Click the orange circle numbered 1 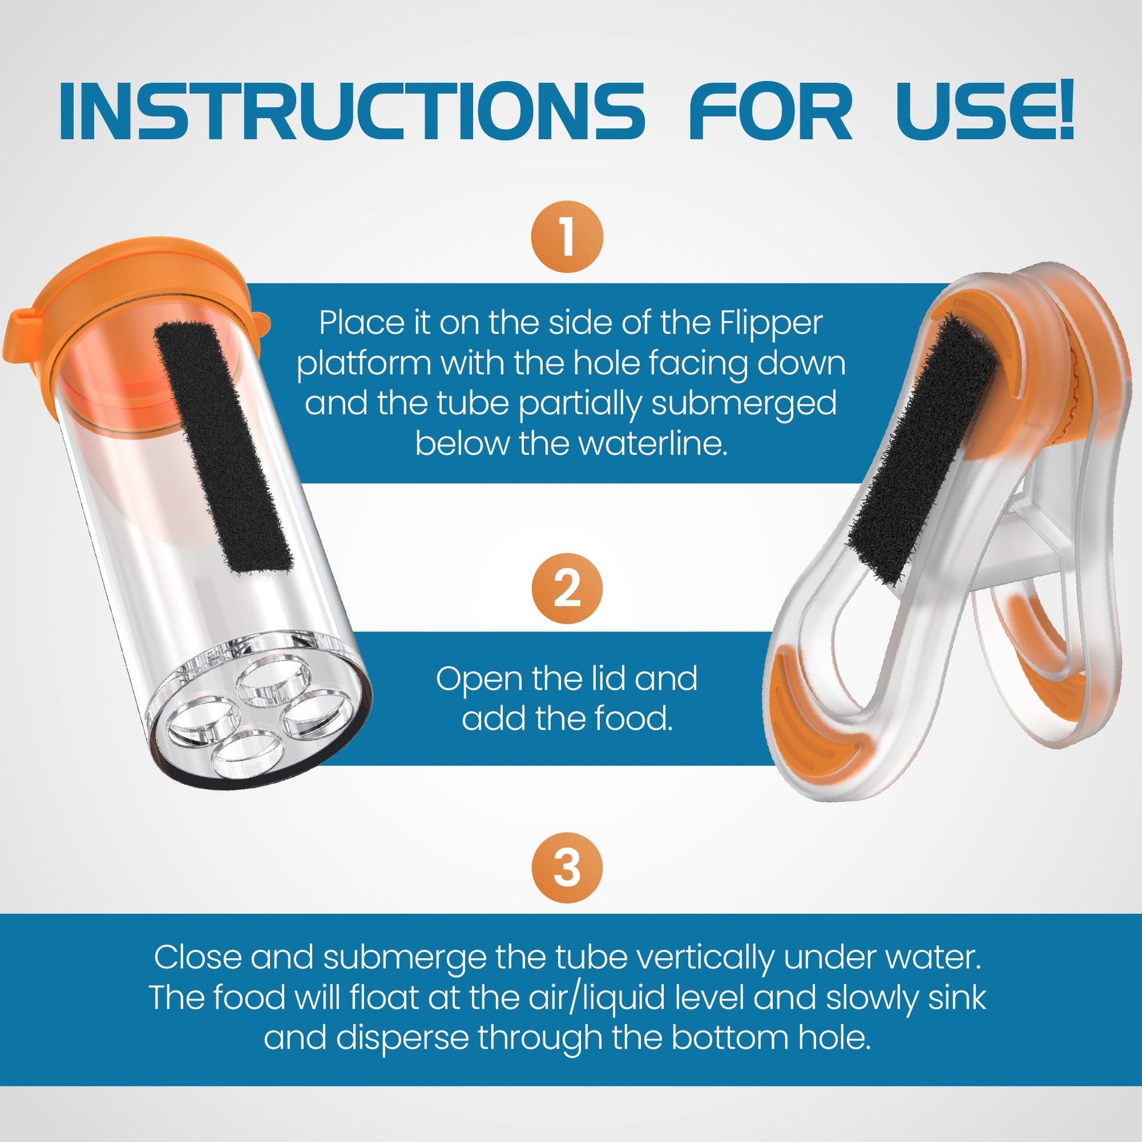click(567, 236)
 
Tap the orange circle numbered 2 click(567, 588)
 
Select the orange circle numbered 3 click(567, 868)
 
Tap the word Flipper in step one click(771, 323)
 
